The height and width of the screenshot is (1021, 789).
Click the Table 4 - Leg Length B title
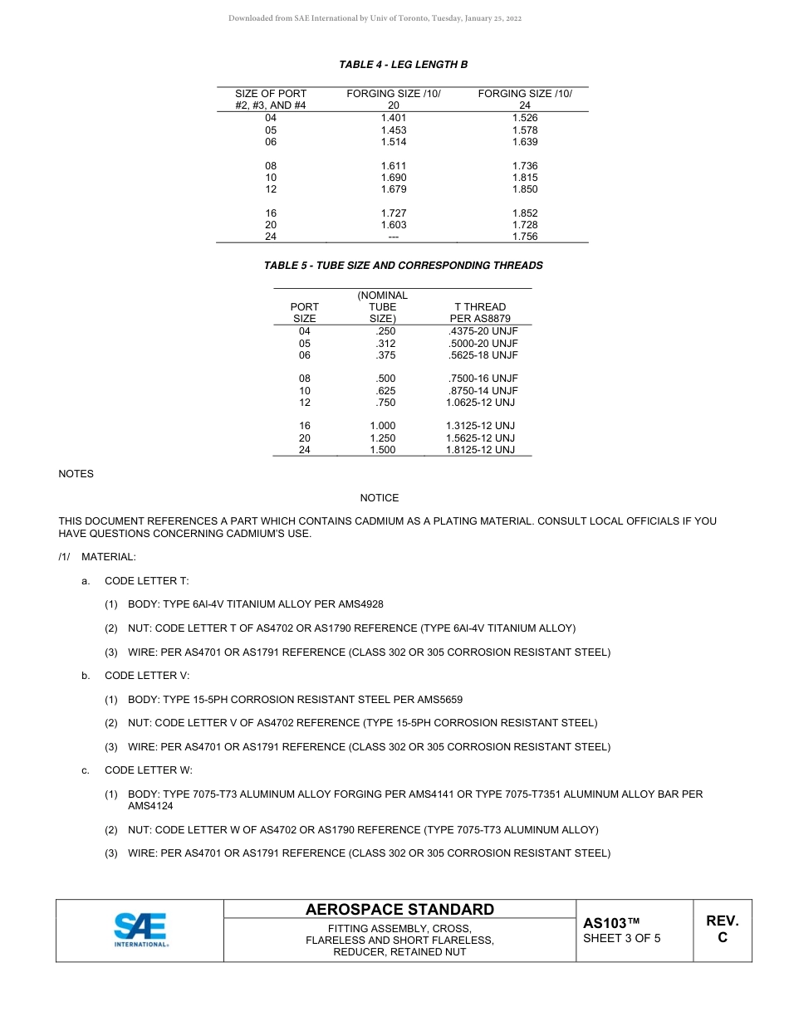403,64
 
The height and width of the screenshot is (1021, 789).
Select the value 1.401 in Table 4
394,118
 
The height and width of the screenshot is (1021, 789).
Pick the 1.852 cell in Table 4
525,213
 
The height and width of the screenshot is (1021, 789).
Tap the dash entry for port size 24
394,237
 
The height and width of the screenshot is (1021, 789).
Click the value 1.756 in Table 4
525,237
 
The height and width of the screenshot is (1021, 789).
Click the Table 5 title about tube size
403,266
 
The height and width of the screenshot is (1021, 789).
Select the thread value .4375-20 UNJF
483,331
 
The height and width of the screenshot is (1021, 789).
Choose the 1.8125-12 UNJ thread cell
480,450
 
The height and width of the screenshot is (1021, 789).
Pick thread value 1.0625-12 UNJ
480,403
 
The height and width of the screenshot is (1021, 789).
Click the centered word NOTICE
379,498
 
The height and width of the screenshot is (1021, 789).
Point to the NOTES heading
76,474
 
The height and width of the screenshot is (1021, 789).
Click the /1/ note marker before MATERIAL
65,557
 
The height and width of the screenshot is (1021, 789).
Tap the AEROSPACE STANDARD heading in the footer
399,910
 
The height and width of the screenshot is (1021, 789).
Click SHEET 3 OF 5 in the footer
622,939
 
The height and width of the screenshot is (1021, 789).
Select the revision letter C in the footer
722,938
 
